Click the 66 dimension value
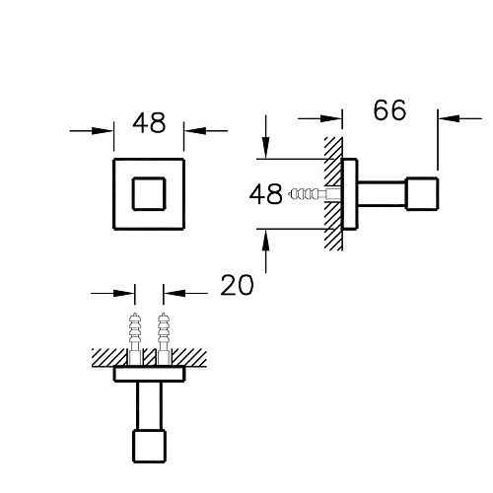pos(389,109)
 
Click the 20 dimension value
pos(237,285)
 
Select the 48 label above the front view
pos(149,123)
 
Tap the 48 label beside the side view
pos(265,193)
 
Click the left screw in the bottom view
pos(135,339)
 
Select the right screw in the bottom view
pos(164,339)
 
